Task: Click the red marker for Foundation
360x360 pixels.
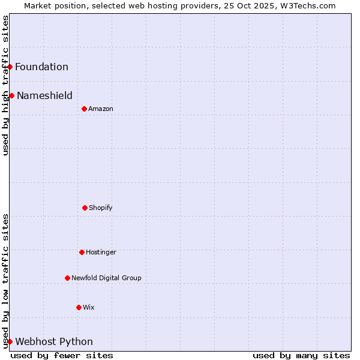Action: click(10, 67)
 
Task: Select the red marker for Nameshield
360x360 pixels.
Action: click(12, 95)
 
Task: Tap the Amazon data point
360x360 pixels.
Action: click(84, 109)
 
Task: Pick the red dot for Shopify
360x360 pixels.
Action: click(85, 208)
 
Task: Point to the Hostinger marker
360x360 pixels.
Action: click(82, 252)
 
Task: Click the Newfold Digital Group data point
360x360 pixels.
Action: click(67, 278)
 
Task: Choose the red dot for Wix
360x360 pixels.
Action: click(79, 307)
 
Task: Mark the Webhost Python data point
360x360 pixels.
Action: click(10, 341)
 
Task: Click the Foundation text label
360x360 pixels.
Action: click(41, 67)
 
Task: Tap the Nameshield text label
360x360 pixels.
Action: click(44, 95)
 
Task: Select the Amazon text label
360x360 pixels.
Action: click(101, 109)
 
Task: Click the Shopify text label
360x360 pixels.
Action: click(101, 208)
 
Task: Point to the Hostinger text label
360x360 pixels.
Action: click(101, 252)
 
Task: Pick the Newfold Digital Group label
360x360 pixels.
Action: click(106, 278)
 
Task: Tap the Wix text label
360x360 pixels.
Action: click(89, 307)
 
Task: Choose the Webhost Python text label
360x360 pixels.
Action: click(54, 342)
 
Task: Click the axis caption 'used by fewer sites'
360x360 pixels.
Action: click(62, 355)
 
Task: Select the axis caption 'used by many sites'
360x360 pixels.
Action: click(301, 355)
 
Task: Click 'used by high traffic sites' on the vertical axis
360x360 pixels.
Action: click(6, 85)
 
